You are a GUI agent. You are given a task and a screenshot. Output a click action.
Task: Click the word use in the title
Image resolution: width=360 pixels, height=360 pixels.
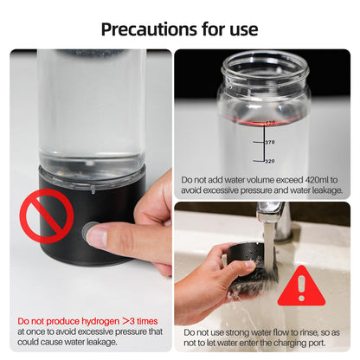(x=240, y=29)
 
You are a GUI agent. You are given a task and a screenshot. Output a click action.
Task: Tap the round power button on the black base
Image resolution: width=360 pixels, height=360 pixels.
(x=89, y=232)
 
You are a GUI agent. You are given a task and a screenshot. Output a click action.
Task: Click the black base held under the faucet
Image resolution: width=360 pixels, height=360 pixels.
(x=252, y=263)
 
